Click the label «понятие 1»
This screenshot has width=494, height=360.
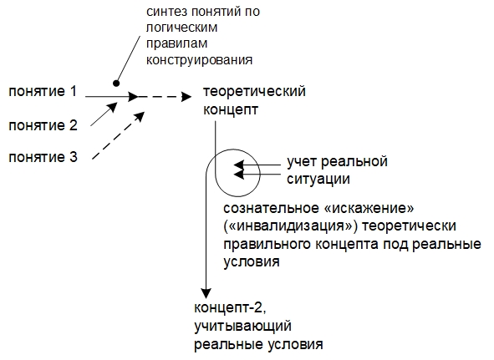[x=43, y=92]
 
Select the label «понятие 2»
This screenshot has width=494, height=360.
[x=43, y=125]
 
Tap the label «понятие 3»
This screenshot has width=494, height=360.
[x=43, y=157]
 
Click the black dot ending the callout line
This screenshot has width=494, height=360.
[x=116, y=84]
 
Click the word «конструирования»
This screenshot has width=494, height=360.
[x=199, y=60]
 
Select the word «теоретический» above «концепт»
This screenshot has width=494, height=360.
[x=254, y=92]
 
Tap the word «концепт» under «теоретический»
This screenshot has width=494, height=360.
[x=231, y=110]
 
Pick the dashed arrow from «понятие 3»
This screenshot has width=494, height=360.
[x=119, y=136]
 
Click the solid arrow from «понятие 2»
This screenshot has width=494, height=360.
[x=104, y=114]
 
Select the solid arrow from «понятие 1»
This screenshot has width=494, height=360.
[x=112, y=96]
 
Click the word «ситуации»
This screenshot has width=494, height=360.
[x=318, y=180]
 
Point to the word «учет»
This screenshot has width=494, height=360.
[x=302, y=162]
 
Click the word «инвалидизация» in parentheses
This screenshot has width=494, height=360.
[x=291, y=226]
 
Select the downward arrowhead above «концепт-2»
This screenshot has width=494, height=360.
[x=206, y=293]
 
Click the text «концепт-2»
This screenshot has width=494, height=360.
[x=231, y=307]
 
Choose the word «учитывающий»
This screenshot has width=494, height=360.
[x=242, y=327]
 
